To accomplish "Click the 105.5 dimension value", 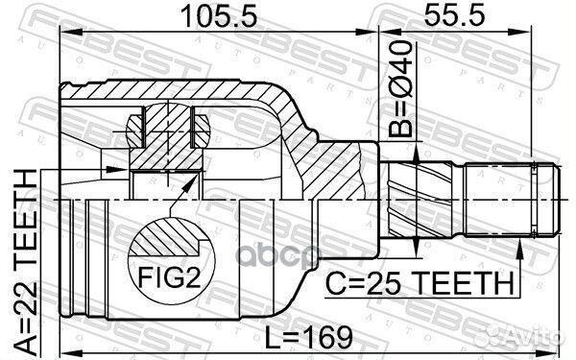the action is [219, 16].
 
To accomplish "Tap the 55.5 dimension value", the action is [455, 15].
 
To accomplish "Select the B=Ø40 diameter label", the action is [400, 89].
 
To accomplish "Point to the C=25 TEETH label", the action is [420, 283].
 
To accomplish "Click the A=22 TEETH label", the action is [26, 262].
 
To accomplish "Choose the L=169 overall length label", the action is [308, 338].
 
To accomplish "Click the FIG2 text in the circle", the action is [169, 276].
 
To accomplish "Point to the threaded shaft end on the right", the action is [513, 200].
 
